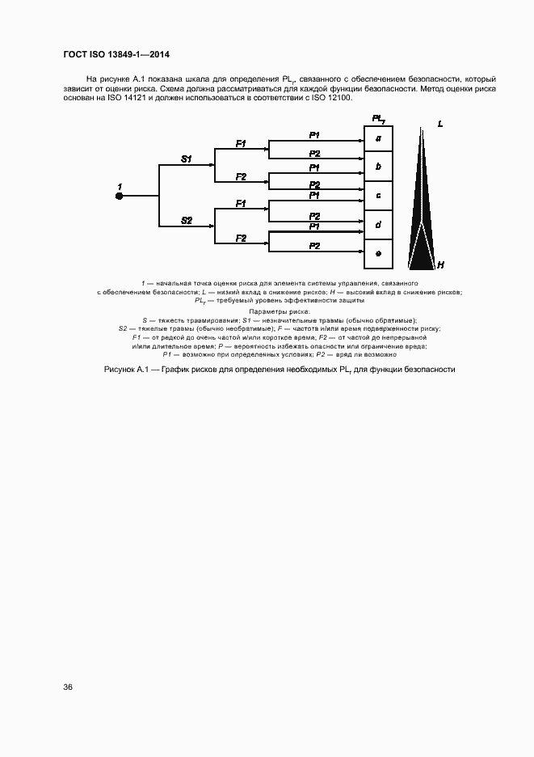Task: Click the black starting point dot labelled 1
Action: [x=119, y=195]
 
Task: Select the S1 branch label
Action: [x=186, y=159]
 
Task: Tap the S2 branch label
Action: [x=186, y=220]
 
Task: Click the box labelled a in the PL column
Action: [x=378, y=138]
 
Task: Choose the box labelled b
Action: [x=378, y=167]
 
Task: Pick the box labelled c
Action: [x=378, y=196]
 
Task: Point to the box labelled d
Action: [x=378, y=224]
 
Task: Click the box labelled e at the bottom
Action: [x=378, y=253]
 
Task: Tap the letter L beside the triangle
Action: [x=440, y=124]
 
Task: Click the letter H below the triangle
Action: [x=440, y=264]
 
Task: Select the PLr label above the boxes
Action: [x=377, y=119]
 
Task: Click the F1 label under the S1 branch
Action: [x=241, y=143]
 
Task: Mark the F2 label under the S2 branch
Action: [x=241, y=238]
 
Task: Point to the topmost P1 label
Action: [x=315, y=133]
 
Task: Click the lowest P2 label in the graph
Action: [x=315, y=245]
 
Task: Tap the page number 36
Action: [x=68, y=687]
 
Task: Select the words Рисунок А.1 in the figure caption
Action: [x=127, y=370]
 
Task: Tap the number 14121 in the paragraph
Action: [x=131, y=98]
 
